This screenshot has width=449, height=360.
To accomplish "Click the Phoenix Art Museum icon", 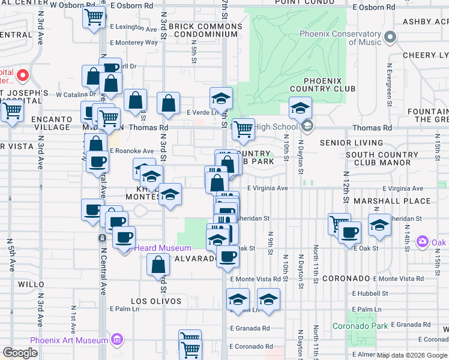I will tap(116, 340).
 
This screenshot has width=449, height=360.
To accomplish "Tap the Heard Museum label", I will tap(163, 248).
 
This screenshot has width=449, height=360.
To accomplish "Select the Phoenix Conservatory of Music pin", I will tap(391, 38).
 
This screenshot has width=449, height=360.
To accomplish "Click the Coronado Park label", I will tap(361, 326).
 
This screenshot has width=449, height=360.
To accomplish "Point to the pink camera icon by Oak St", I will tap(423, 241).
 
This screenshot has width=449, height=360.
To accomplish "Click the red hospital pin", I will tap(23, 76).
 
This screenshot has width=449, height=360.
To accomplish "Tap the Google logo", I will tap(20, 353).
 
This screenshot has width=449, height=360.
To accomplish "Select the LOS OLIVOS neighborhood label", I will tap(152, 301).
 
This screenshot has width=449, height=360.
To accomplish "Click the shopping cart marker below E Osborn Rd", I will tap(94, 18).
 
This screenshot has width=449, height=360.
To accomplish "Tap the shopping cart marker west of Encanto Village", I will tap(12, 110).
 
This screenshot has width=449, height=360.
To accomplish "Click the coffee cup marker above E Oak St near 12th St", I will tap(349, 232).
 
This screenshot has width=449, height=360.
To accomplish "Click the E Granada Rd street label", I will tap(249, 329).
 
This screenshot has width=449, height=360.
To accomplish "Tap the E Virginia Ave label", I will tap(268, 188).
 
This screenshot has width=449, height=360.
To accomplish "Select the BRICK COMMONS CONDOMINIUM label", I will tap(203, 30).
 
